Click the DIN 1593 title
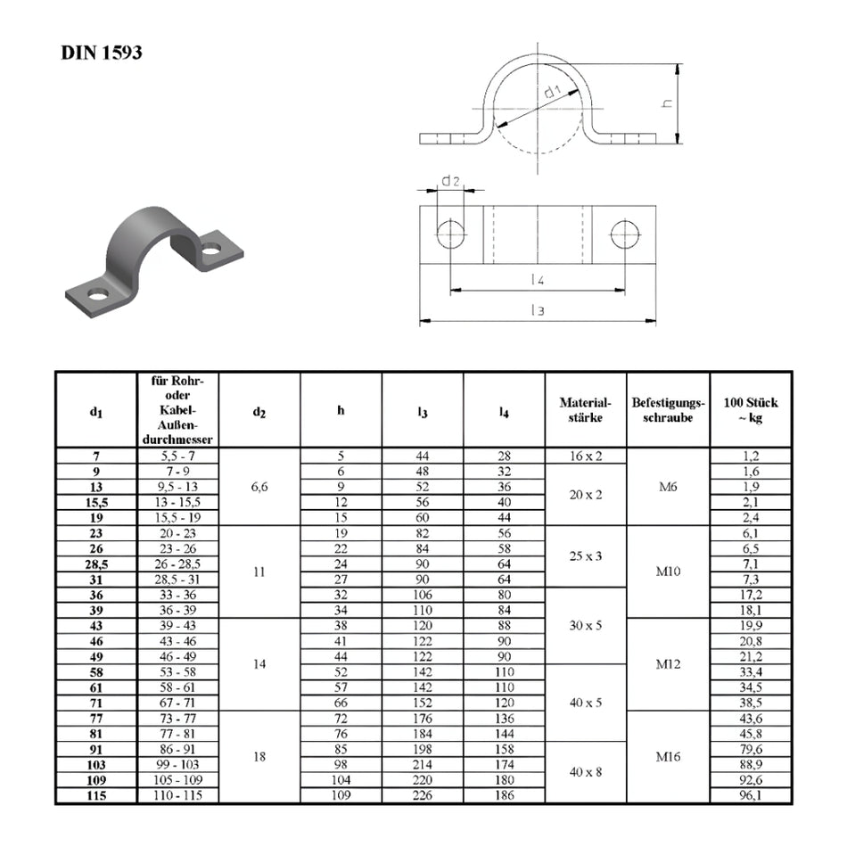tap(102, 53)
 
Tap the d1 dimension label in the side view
tap(553, 91)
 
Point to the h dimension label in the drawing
tap(668, 103)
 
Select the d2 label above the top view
tap(450, 180)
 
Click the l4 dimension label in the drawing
tap(537, 279)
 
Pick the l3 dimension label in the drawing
tap(537, 310)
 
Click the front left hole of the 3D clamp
tap(98, 294)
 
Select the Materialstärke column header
tap(585, 410)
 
